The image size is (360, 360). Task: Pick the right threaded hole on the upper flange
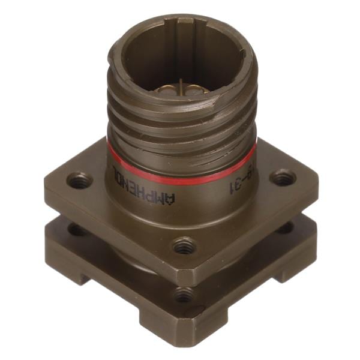tap(282, 178)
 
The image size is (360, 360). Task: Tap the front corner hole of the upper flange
tap(184, 245)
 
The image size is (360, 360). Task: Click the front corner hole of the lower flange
tap(184, 295)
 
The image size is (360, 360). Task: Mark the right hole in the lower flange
tap(284, 227)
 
